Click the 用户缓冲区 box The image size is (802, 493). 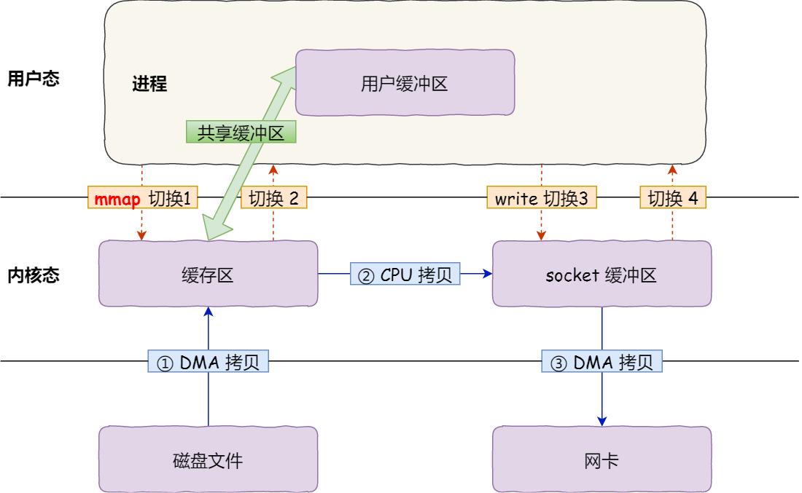(x=405, y=84)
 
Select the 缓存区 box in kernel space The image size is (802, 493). (x=208, y=275)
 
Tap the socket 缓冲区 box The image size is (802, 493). (x=601, y=275)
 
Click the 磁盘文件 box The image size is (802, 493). (x=208, y=460)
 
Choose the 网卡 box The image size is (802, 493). (x=601, y=460)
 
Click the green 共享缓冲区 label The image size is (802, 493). (x=241, y=131)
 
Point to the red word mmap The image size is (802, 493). (x=117, y=198)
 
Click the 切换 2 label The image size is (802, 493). (x=273, y=198)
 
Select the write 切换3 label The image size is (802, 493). (x=542, y=198)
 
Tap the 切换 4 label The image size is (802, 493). (x=672, y=198)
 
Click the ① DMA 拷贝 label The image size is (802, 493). (x=209, y=362)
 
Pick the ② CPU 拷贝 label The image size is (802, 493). (x=405, y=275)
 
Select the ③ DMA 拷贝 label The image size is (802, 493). (x=602, y=362)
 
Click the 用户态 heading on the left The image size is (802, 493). (x=33, y=79)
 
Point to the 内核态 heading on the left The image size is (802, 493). (x=33, y=275)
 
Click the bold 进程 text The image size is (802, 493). (x=149, y=84)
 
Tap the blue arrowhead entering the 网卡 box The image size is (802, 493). (x=602, y=421)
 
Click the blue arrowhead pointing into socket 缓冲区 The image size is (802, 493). (x=487, y=275)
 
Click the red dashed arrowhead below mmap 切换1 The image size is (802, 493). (x=142, y=235)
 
